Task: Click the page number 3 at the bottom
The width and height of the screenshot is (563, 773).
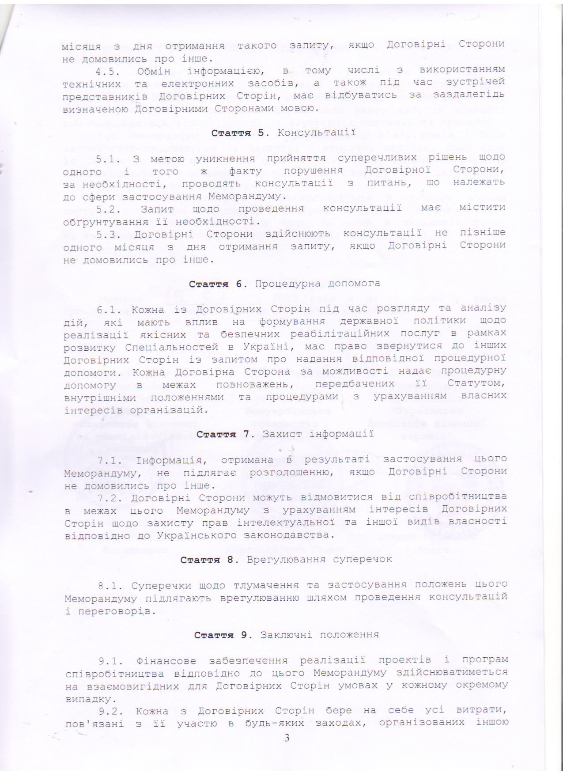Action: [x=287, y=738]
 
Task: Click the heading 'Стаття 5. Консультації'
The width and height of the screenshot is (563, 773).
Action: [x=283, y=133]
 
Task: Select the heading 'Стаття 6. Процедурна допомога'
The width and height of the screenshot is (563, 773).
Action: [x=284, y=284]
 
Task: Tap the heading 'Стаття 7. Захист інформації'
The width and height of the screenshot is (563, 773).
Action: [x=285, y=434]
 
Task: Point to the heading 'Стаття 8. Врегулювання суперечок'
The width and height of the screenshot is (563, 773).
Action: [x=286, y=560]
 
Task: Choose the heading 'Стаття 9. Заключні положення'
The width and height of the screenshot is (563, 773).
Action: [x=286, y=635]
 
